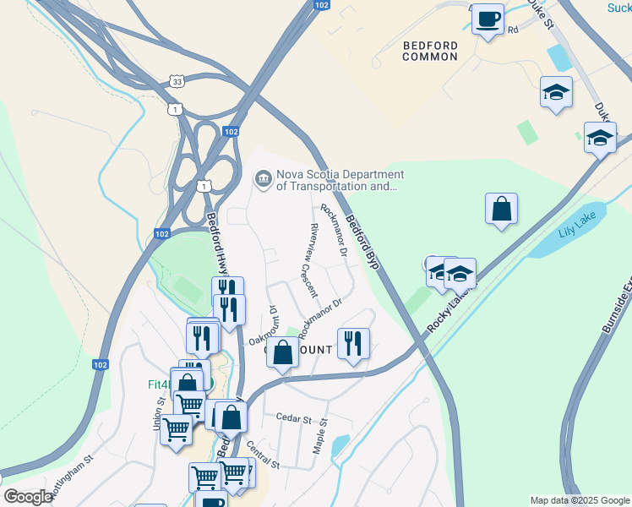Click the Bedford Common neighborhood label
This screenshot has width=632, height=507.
[x=430, y=51]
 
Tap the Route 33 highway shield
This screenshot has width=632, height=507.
[x=176, y=81]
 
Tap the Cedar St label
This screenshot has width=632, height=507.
[x=294, y=417]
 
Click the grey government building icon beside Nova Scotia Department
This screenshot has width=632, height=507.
[x=263, y=179]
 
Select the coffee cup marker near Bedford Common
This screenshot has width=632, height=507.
[x=487, y=19]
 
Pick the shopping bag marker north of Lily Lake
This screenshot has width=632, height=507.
[x=501, y=208]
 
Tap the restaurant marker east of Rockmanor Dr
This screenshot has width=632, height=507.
[x=353, y=343]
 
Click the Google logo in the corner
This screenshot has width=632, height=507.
[x=28, y=497]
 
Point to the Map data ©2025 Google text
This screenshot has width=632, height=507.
[x=579, y=500]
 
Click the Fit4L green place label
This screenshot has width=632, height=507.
[x=158, y=383]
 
